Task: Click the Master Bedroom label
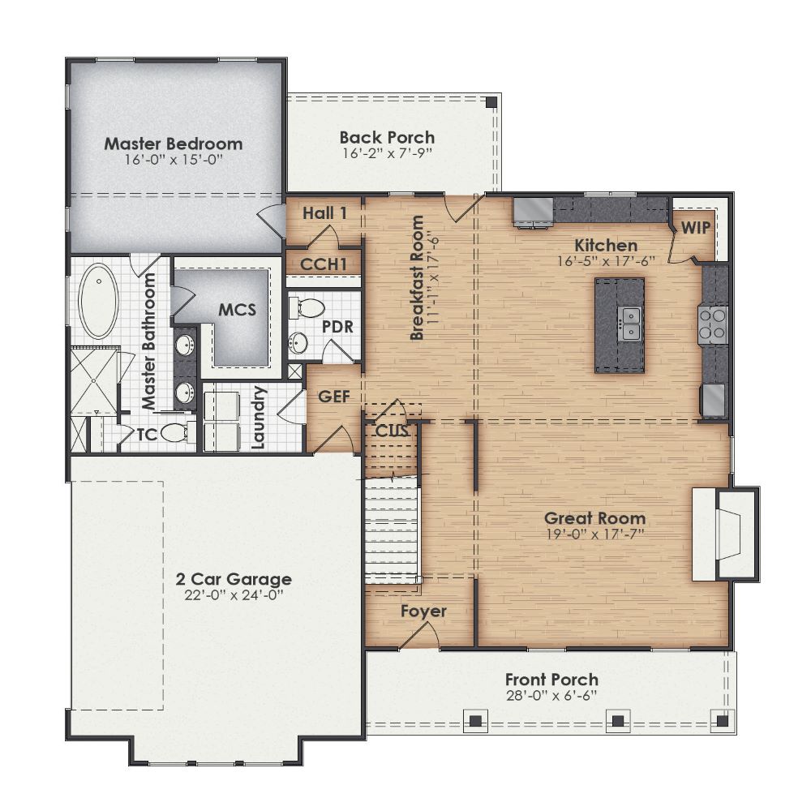point(174,144)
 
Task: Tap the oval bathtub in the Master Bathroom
point(99,301)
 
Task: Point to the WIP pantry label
point(695,228)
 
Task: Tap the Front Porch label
point(551,680)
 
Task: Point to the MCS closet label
point(237,311)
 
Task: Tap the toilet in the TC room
point(174,434)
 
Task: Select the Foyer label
point(423,611)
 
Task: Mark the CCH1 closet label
point(324,264)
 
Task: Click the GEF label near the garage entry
point(333,397)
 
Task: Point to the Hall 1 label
point(324,213)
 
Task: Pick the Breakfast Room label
point(418,277)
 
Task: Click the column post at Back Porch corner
point(491,103)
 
